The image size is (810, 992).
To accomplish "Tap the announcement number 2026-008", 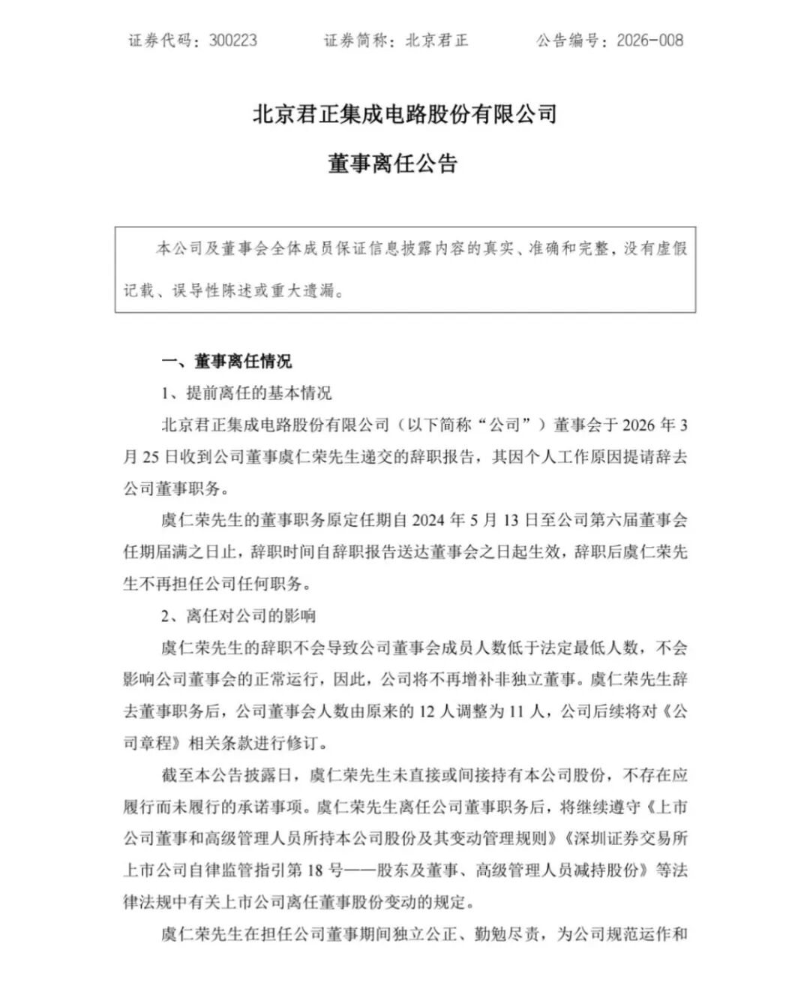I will click(649, 41).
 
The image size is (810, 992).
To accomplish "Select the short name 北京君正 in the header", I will click(436, 41).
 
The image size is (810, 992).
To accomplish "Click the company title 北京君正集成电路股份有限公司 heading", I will click(405, 115).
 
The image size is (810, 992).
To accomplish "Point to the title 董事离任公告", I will click(392, 163).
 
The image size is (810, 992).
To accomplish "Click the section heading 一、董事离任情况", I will click(226, 362).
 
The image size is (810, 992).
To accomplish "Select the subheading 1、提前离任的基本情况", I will click(247, 393).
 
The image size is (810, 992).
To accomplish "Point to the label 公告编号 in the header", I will click(568, 41).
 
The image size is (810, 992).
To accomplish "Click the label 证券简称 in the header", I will click(357, 41).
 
